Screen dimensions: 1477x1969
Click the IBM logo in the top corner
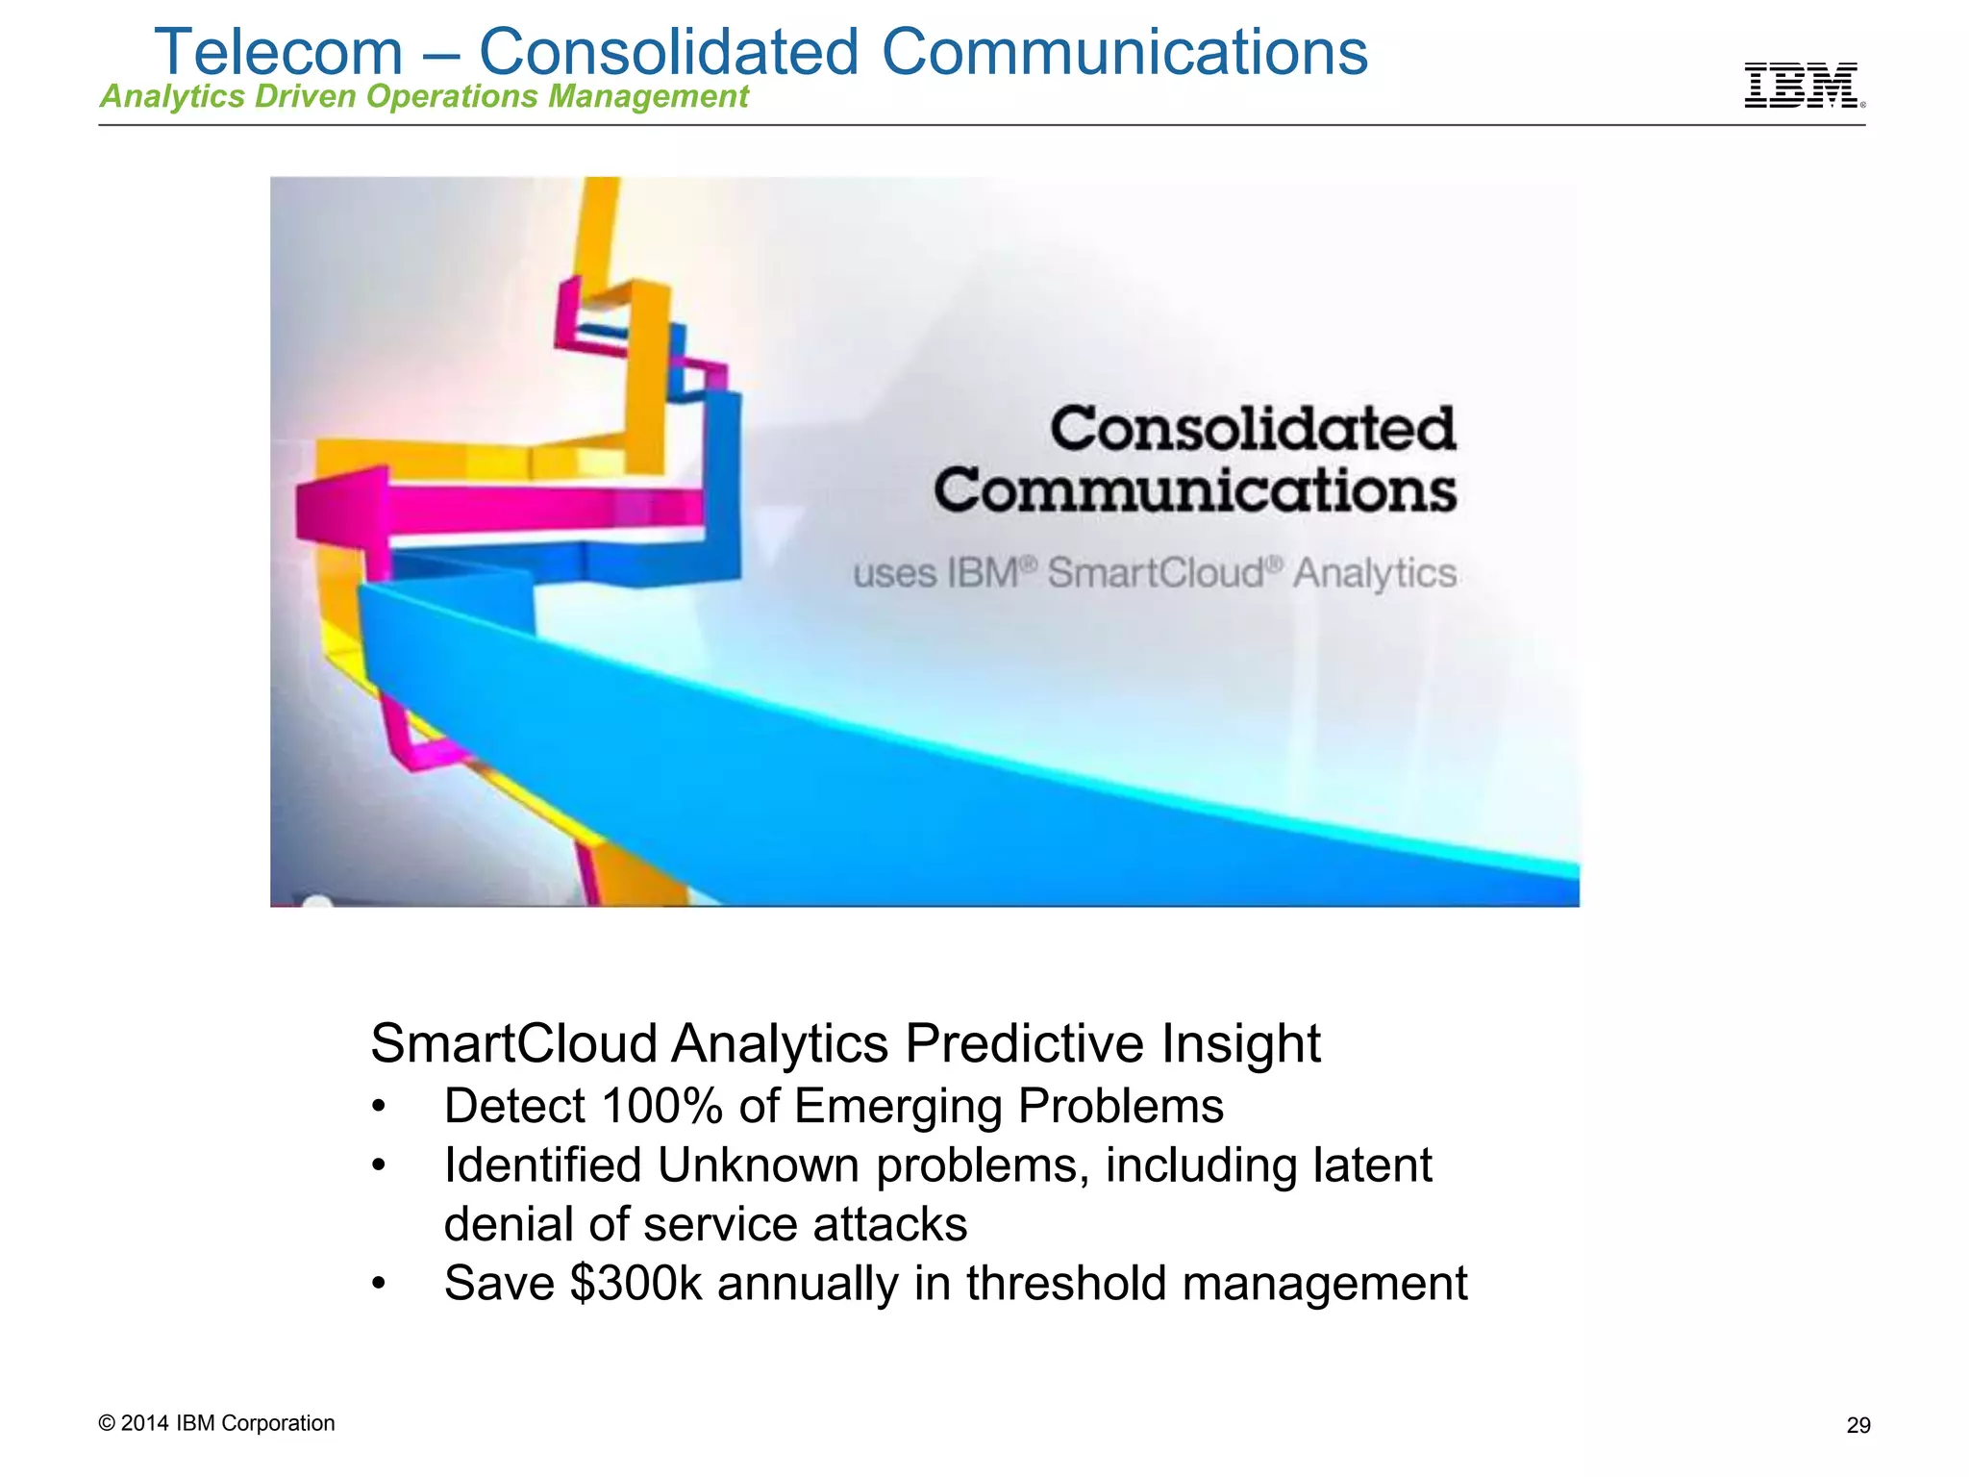[1801, 86]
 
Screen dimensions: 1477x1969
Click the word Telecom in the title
[279, 52]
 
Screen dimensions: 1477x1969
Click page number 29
[1858, 1426]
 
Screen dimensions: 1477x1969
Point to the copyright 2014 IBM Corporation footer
[216, 1423]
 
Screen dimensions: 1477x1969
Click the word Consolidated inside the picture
[1252, 429]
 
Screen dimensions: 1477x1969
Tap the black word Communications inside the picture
[1194, 490]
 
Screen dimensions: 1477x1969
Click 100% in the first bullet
[661, 1106]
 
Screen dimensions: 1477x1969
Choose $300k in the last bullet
[636, 1284]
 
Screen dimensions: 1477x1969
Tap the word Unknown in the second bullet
[759, 1165]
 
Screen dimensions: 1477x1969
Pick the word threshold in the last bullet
[1066, 1284]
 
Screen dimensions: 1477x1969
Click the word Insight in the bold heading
[1240, 1044]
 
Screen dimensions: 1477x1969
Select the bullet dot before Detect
[379, 1108]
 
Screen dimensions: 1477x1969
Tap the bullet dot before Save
[379, 1285]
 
